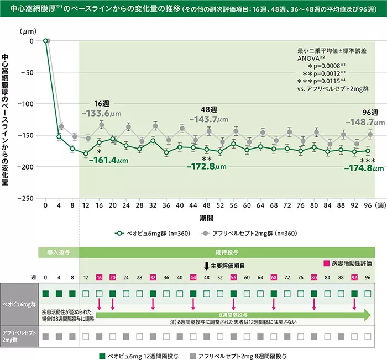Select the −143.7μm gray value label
[208, 119]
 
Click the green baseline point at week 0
[45, 41]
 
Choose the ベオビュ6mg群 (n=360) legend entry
[152, 234]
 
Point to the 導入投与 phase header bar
[59, 253]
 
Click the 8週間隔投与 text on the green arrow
[237, 313]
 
